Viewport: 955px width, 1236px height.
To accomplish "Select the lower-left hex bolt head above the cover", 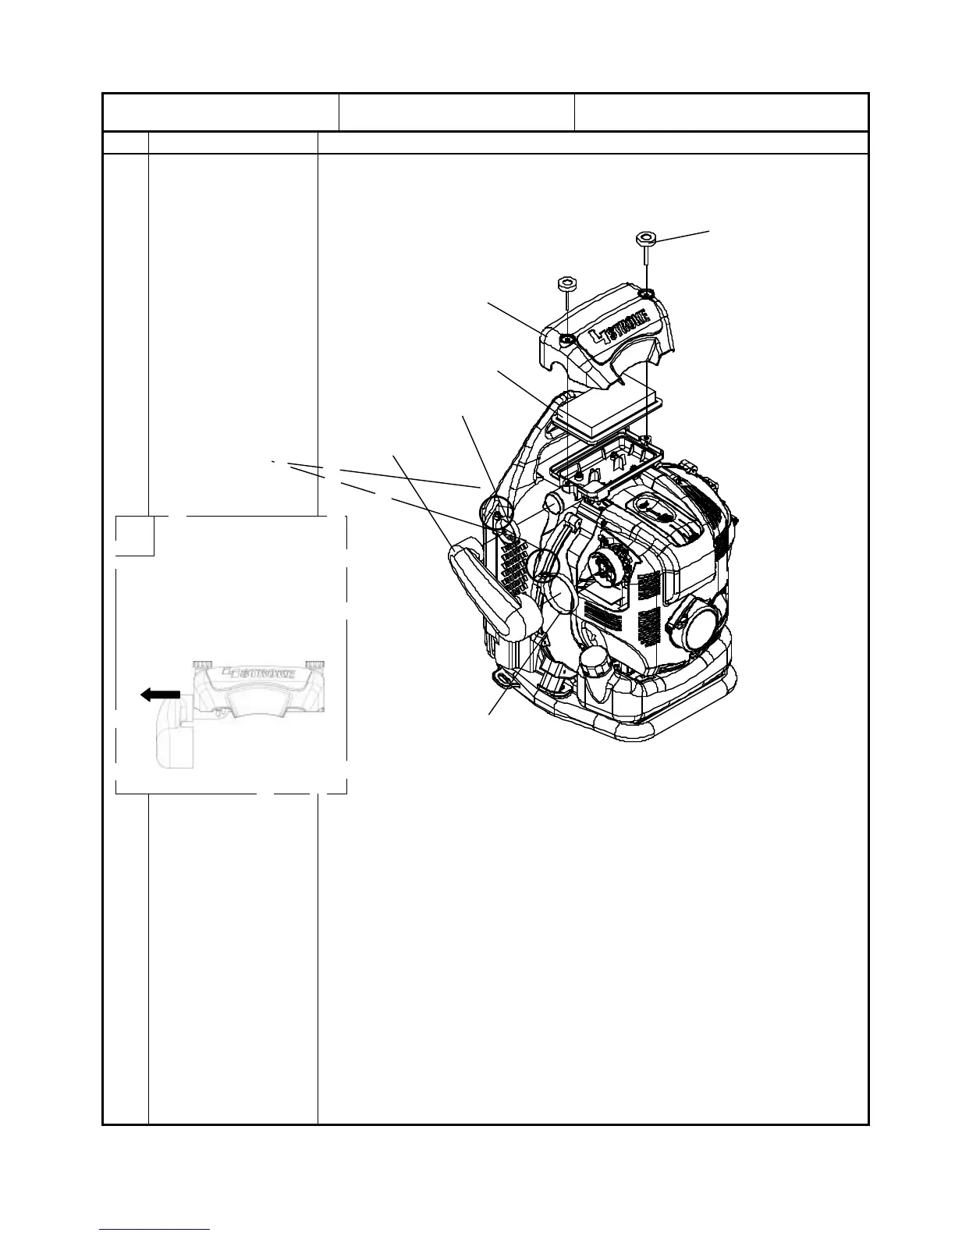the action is (566, 282).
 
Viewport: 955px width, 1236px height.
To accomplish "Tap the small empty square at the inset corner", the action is (134, 535).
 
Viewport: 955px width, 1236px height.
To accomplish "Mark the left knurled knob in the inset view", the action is (204, 662).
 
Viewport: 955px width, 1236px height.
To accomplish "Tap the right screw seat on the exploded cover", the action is (647, 293).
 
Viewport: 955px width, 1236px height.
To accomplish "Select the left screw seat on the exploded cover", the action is (566, 339).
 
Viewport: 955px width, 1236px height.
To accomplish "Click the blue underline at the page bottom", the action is (155, 1230).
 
